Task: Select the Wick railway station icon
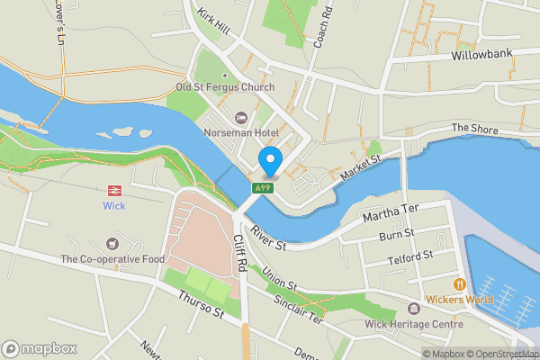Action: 114,190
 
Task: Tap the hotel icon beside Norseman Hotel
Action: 240,118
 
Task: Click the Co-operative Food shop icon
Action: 112,243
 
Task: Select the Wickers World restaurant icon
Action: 458,283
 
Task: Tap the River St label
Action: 269,238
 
